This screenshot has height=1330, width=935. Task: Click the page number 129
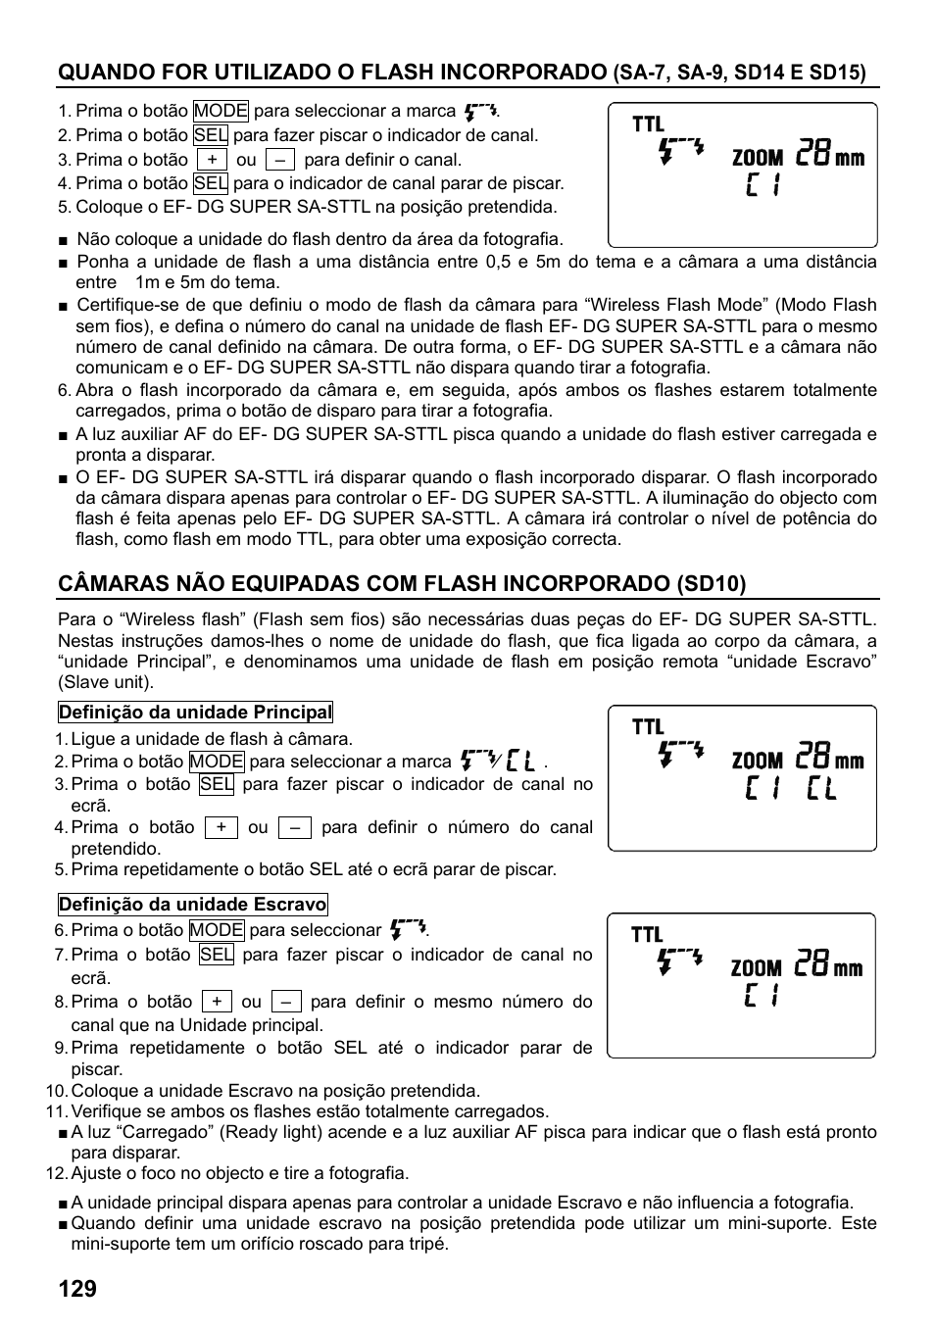coord(77,1289)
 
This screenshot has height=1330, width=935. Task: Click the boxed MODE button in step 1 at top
coord(221,111)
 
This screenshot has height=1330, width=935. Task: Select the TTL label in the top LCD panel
coord(648,124)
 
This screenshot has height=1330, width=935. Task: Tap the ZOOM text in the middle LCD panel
coord(758,761)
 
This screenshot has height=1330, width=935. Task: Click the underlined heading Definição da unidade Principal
coord(195,713)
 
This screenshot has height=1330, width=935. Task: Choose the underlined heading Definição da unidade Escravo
coord(192,904)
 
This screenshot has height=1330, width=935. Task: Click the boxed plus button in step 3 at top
coord(212,160)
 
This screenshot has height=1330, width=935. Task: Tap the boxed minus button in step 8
coord(285,1002)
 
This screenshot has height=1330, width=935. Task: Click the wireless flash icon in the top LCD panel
coord(681,150)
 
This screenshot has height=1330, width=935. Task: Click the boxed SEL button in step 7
coord(216,955)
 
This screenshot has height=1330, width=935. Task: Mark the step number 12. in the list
coord(56,1173)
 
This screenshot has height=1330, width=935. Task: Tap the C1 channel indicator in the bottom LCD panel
coord(762,997)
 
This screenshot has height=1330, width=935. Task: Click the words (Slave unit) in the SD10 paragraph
coord(106,682)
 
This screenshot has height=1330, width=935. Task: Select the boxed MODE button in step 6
coord(217,930)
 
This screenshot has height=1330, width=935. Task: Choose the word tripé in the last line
coord(427,1244)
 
